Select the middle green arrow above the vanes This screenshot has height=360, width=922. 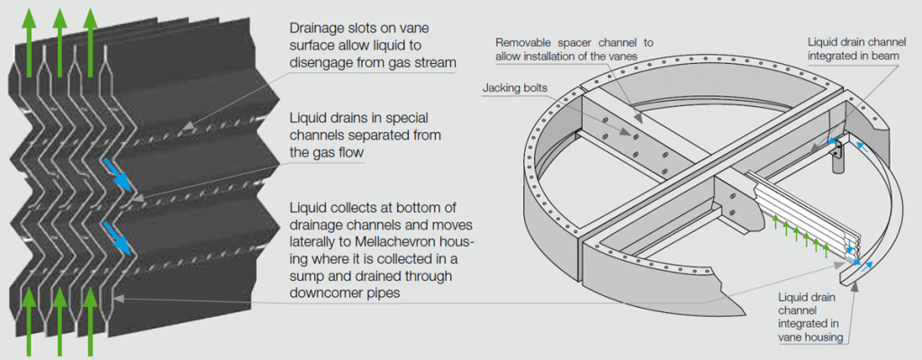(61, 27)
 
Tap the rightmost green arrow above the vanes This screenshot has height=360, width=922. (90, 27)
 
